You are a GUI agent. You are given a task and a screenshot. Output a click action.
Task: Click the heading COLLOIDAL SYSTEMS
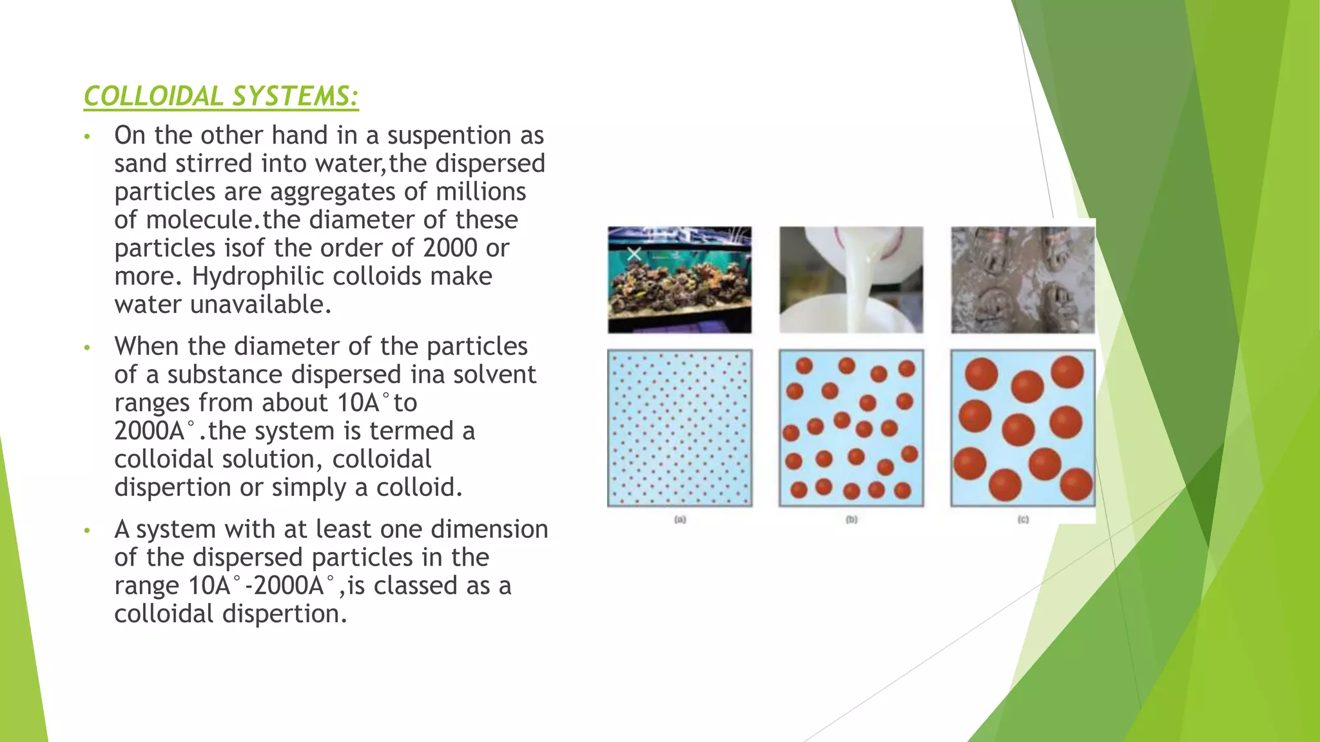[221, 97]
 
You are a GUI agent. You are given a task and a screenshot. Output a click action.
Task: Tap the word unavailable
[260, 305]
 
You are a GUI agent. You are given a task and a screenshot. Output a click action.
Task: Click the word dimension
[489, 529]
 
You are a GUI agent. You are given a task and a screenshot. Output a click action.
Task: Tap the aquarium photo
[679, 280]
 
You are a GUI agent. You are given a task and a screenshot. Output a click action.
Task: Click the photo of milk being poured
[851, 280]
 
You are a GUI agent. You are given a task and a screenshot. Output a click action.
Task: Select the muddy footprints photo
[1022, 280]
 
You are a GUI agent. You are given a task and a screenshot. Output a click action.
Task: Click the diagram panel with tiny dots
[679, 428]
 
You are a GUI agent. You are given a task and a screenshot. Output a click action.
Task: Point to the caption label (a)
[680, 519]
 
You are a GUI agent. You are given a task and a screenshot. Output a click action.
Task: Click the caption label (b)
[851, 519]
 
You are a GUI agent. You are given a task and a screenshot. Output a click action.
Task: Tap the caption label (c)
[1023, 519]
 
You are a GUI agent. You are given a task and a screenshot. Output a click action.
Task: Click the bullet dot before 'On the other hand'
[87, 137]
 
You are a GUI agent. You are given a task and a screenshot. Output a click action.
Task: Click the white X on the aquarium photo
[634, 254]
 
